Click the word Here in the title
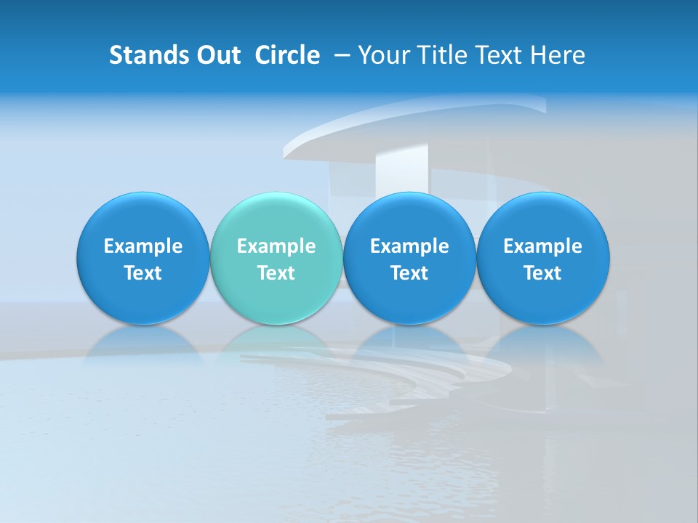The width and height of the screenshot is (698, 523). pyautogui.click(x=557, y=55)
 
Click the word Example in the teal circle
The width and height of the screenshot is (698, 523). pyautogui.click(x=276, y=246)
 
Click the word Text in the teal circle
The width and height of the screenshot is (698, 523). pyautogui.click(x=276, y=273)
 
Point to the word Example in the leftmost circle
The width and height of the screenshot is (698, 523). pyautogui.click(x=143, y=246)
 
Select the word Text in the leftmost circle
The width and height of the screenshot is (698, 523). pyautogui.click(x=143, y=273)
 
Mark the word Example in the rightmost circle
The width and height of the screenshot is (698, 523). pyautogui.click(x=542, y=246)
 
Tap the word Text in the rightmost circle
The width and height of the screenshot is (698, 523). pyautogui.click(x=542, y=273)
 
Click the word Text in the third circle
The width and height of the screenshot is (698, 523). pyautogui.click(x=409, y=273)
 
